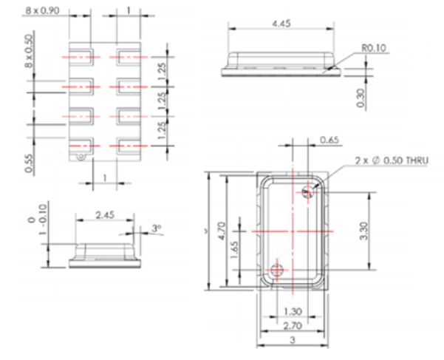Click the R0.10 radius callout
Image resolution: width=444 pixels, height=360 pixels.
375,49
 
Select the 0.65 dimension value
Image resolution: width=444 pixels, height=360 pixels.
329,140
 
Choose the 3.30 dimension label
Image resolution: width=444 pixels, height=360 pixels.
379,231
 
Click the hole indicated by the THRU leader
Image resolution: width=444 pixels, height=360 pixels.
309,191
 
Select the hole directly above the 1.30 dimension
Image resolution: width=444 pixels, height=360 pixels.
278,270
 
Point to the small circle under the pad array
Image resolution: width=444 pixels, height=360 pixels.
82,157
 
